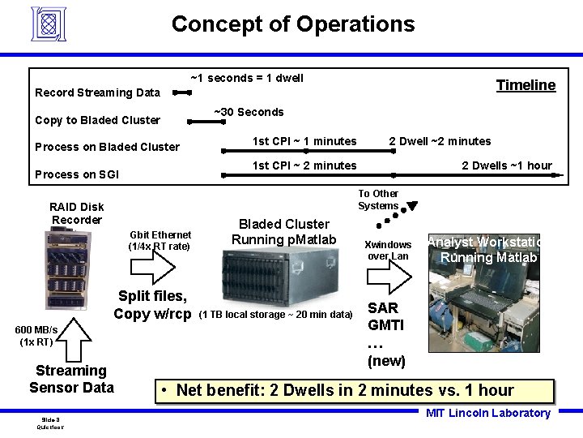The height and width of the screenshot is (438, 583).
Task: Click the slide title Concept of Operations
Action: pos(292,24)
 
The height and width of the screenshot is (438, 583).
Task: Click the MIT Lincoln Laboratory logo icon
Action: pos(48,24)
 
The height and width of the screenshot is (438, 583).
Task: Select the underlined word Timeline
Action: pos(526,85)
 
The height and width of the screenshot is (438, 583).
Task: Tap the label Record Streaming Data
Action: pos(97,92)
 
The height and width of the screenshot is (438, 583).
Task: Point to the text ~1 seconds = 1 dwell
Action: pos(246,78)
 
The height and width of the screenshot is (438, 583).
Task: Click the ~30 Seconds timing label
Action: pos(249,112)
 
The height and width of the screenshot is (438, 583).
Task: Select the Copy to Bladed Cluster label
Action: pos(97,120)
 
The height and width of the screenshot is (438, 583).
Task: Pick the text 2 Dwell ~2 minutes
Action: pos(440,141)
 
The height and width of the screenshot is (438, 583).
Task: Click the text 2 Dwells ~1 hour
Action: pos(506,165)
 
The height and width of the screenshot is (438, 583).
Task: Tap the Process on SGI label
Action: pos(77,174)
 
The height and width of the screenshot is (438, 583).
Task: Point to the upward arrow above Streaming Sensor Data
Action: pos(71,337)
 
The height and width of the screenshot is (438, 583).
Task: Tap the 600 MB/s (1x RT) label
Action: pos(36,336)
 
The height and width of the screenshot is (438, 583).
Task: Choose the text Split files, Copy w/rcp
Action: pos(152,305)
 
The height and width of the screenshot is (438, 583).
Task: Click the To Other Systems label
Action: pos(378,200)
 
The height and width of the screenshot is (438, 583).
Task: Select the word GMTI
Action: pos(386,325)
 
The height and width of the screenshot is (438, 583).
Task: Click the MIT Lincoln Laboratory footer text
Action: pos(487,413)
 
